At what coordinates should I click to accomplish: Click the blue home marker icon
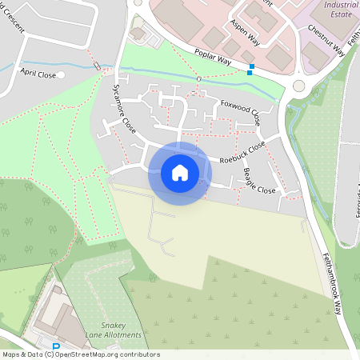click(180, 173)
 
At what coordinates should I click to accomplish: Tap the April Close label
click(39, 74)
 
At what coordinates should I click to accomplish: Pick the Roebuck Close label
click(243, 152)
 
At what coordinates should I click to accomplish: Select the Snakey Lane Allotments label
click(114, 330)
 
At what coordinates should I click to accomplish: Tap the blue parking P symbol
click(55, 347)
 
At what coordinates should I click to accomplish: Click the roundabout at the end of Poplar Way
click(299, 86)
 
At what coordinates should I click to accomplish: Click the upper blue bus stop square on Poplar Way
click(253, 66)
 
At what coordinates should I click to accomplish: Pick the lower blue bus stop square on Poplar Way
click(250, 73)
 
